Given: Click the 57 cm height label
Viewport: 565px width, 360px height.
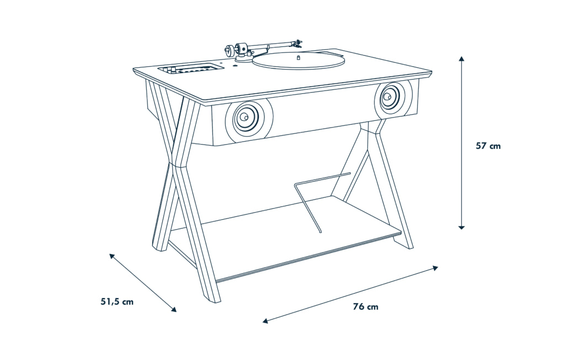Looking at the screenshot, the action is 488,146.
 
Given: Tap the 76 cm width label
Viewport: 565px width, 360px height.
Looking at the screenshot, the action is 366,306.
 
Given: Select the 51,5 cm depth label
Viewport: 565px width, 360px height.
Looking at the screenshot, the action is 117,301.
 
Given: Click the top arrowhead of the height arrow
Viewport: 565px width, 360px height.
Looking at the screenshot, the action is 462,59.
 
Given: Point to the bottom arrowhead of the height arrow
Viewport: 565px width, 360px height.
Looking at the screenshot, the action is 462,227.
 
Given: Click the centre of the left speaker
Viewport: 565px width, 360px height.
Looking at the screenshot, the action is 244,117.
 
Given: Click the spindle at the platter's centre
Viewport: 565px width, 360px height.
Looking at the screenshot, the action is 298,57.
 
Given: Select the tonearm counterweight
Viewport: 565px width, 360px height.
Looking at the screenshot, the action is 229,50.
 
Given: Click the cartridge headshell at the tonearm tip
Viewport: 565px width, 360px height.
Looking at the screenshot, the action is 297,44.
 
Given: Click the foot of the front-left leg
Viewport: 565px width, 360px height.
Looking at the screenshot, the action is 212,299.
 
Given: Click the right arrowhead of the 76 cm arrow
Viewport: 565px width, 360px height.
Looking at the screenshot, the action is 435,268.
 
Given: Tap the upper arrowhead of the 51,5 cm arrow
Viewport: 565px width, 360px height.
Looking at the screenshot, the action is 112,256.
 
